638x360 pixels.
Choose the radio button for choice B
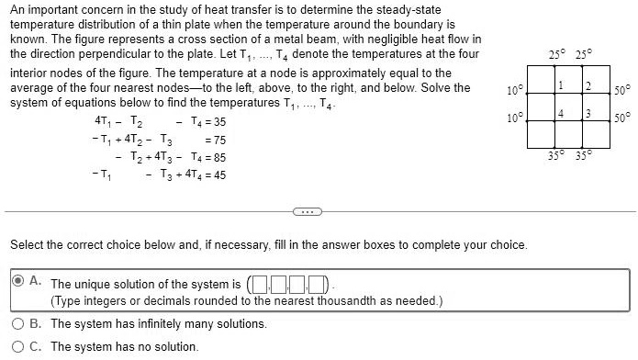click(x=18, y=323)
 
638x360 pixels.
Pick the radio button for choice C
click(x=18, y=346)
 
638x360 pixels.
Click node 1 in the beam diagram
click(x=559, y=86)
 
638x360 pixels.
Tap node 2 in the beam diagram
click(x=588, y=86)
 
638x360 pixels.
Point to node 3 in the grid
click(x=588, y=114)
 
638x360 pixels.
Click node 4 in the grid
click(x=559, y=114)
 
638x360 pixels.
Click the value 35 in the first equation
click(x=219, y=122)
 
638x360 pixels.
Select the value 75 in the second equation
click(x=219, y=140)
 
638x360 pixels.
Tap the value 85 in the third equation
click(x=219, y=157)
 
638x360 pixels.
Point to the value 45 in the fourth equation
click(x=219, y=174)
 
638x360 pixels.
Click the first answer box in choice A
click(x=260, y=283)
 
